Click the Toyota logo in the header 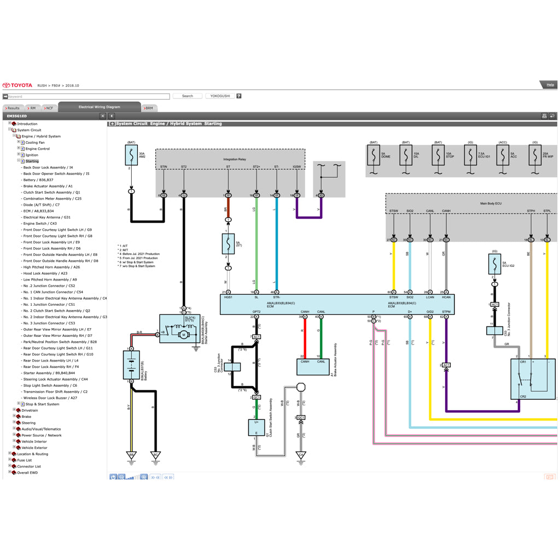17,85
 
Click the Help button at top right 550,85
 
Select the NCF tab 49,108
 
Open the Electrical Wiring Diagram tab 99,107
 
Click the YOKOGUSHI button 220,96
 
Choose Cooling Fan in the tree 35,143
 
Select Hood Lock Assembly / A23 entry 45,273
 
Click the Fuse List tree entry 24,460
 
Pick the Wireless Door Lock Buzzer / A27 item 50,398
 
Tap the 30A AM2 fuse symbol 131,155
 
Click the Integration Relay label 234,160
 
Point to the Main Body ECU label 491,203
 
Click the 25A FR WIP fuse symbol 535,155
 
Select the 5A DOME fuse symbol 374,155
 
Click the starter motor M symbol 184,335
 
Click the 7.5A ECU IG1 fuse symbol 470,155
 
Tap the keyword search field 88,96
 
